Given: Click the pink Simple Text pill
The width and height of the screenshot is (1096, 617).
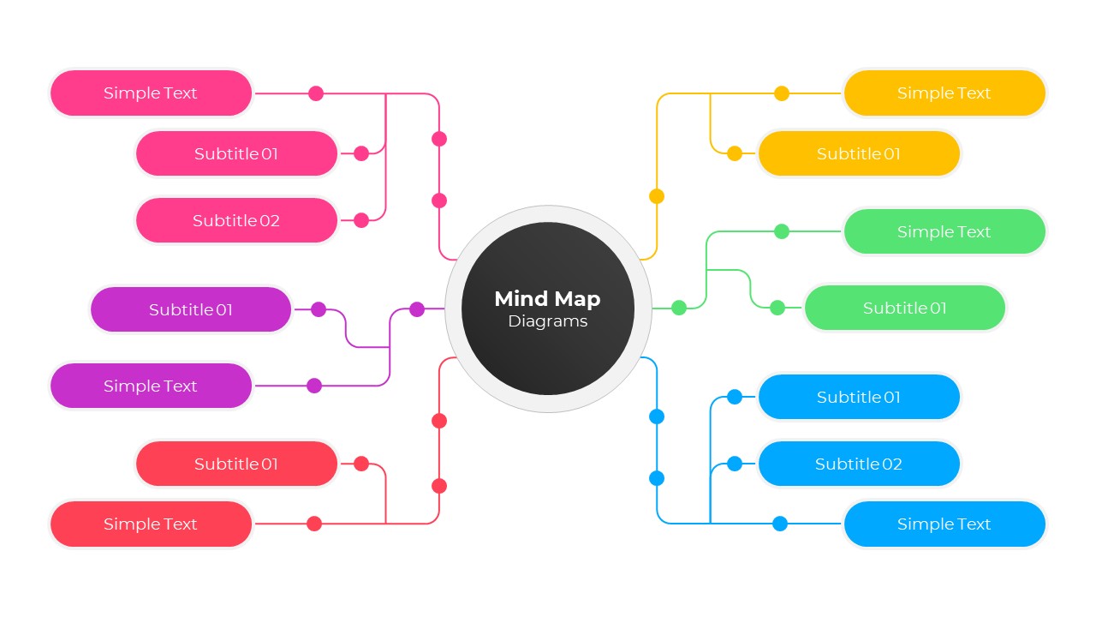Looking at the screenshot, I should (x=151, y=93).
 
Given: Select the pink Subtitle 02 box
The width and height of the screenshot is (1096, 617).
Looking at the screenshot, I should (x=236, y=220).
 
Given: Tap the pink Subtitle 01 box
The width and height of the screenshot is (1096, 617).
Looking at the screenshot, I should (x=236, y=154).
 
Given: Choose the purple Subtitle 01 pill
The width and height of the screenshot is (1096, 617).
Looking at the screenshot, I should (x=191, y=309).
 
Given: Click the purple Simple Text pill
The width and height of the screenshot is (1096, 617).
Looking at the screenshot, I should (x=151, y=386).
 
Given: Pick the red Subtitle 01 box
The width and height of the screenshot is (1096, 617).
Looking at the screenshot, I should (x=236, y=464).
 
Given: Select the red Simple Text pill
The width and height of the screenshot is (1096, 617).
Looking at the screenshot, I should (x=151, y=524).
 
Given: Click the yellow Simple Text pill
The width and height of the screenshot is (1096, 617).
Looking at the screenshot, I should (x=944, y=93).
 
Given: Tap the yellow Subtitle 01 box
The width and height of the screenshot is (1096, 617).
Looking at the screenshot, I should (x=859, y=154).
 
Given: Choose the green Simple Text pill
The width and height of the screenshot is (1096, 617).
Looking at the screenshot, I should (x=944, y=231).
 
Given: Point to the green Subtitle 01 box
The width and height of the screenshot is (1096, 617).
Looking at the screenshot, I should (x=905, y=308).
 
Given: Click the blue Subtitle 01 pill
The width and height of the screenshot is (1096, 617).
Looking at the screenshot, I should (x=859, y=397).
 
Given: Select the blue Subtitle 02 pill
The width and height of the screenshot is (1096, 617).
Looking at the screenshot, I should (x=859, y=464).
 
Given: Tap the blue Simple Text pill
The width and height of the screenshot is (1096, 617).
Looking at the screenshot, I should (x=944, y=524).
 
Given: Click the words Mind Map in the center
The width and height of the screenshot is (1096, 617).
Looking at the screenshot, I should (x=547, y=299).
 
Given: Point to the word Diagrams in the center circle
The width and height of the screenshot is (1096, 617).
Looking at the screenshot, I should (x=547, y=321).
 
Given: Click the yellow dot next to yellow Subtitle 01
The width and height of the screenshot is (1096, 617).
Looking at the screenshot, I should (x=735, y=154).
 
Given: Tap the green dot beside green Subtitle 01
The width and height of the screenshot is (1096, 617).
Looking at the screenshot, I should (x=777, y=308).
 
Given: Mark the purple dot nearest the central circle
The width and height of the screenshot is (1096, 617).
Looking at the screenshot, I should (x=417, y=309).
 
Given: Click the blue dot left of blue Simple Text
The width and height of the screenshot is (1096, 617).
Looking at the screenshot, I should (x=780, y=524).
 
